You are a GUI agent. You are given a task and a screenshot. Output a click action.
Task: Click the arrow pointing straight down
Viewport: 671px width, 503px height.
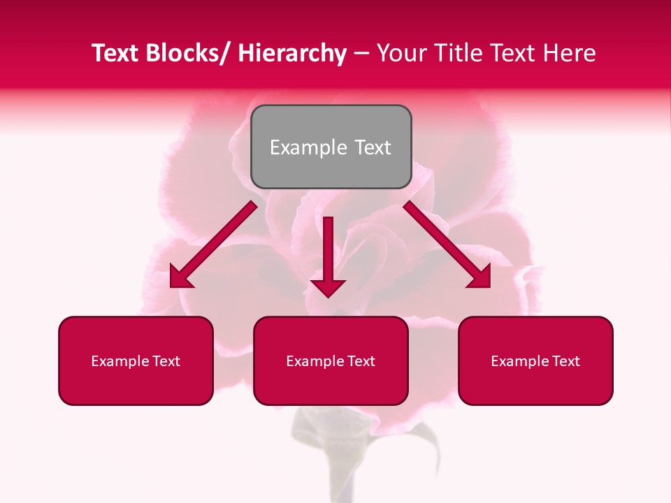pyautogui.click(x=329, y=256)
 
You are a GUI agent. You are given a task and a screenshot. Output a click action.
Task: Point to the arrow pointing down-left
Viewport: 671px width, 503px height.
pyautogui.click(x=213, y=245)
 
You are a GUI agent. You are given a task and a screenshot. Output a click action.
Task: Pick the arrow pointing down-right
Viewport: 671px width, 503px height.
pyautogui.click(x=447, y=245)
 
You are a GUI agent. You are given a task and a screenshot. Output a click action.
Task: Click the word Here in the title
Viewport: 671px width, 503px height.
pyautogui.click(x=569, y=54)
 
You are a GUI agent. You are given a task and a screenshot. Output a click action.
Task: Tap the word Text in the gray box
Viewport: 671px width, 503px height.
pyautogui.click(x=372, y=147)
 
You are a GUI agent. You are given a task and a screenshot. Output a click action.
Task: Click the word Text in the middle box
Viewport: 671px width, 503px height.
pyautogui.click(x=361, y=361)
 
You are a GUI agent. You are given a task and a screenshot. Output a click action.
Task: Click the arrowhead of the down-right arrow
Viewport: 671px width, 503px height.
pyautogui.click(x=481, y=278)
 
